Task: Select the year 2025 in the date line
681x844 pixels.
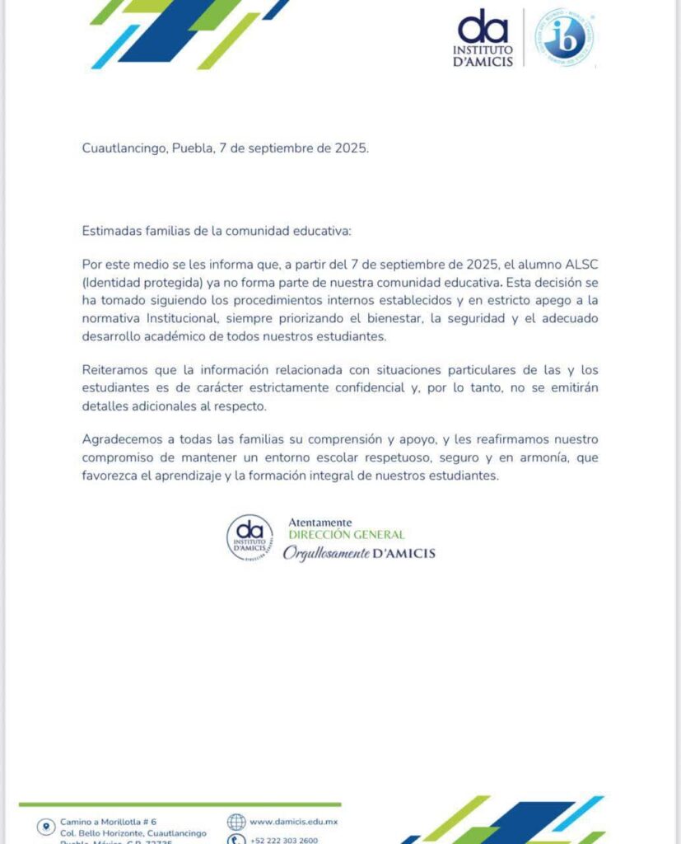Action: click(350, 148)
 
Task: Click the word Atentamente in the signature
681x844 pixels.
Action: click(320, 523)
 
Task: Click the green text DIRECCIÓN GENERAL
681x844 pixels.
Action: click(346, 535)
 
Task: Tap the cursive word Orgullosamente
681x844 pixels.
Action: click(325, 553)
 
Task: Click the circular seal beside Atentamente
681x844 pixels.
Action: click(250, 538)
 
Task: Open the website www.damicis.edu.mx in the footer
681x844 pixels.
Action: click(293, 822)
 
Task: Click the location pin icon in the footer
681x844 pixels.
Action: click(44, 826)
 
